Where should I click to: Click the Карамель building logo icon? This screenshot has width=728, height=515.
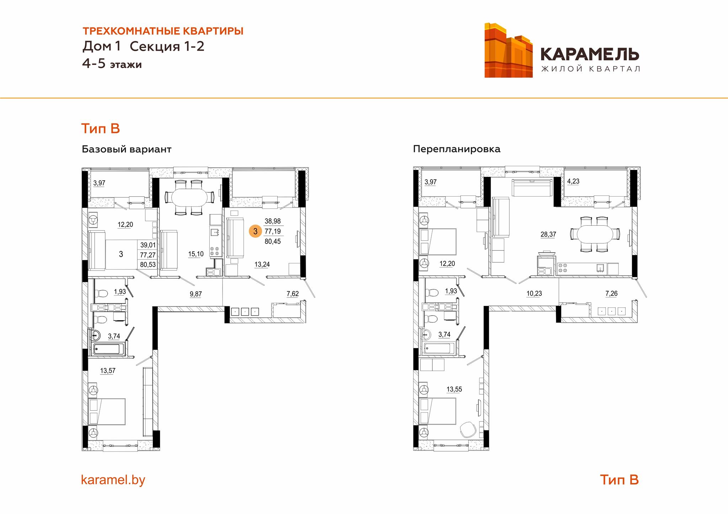pyautogui.click(x=508, y=50)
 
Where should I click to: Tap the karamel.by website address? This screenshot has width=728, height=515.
pyautogui.click(x=113, y=480)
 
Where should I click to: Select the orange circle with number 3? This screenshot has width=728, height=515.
pyautogui.click(x=255, y=231)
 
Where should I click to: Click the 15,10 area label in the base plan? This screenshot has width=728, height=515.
pyautogui.click(x=196, y=254)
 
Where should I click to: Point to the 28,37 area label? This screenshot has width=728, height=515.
pyautogui.click(x=548, y=235)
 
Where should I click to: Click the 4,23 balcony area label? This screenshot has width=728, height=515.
pyautogui.click(x=573, y=181)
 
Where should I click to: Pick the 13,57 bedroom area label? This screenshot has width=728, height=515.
pyautogui.click(x=108, y=371)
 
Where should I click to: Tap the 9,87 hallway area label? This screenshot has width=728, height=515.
pyautogui.click(x=196, y=294)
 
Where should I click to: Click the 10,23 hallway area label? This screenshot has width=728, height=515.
pyautogui.click(x=534, y=294)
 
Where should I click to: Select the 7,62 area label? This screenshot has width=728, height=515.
pyautogui.click(x=293, y=294)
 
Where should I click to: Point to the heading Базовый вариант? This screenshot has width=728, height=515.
pyautogui.click(x=127, y=149)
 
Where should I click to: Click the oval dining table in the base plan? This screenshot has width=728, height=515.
pyautogui.click(x=189, y=197)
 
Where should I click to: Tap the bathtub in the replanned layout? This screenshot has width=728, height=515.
pyautogui.click(x=439, y=348)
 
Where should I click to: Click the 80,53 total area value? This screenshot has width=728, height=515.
pyautogui.click(x=148, y=264)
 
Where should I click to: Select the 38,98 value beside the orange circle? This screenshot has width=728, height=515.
pyautogui.click(x=273, y=221)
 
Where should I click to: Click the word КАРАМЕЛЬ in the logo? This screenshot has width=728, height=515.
pyautogui.click(x=590, y=54)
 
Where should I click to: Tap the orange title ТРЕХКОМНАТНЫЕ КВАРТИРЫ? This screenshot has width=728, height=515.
pyautogui.click(x=163, y=31)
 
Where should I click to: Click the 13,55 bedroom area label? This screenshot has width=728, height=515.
pyautogui.click(x=454, y=389)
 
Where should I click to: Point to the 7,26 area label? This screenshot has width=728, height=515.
pyautogui.click(x=611, y=294)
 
